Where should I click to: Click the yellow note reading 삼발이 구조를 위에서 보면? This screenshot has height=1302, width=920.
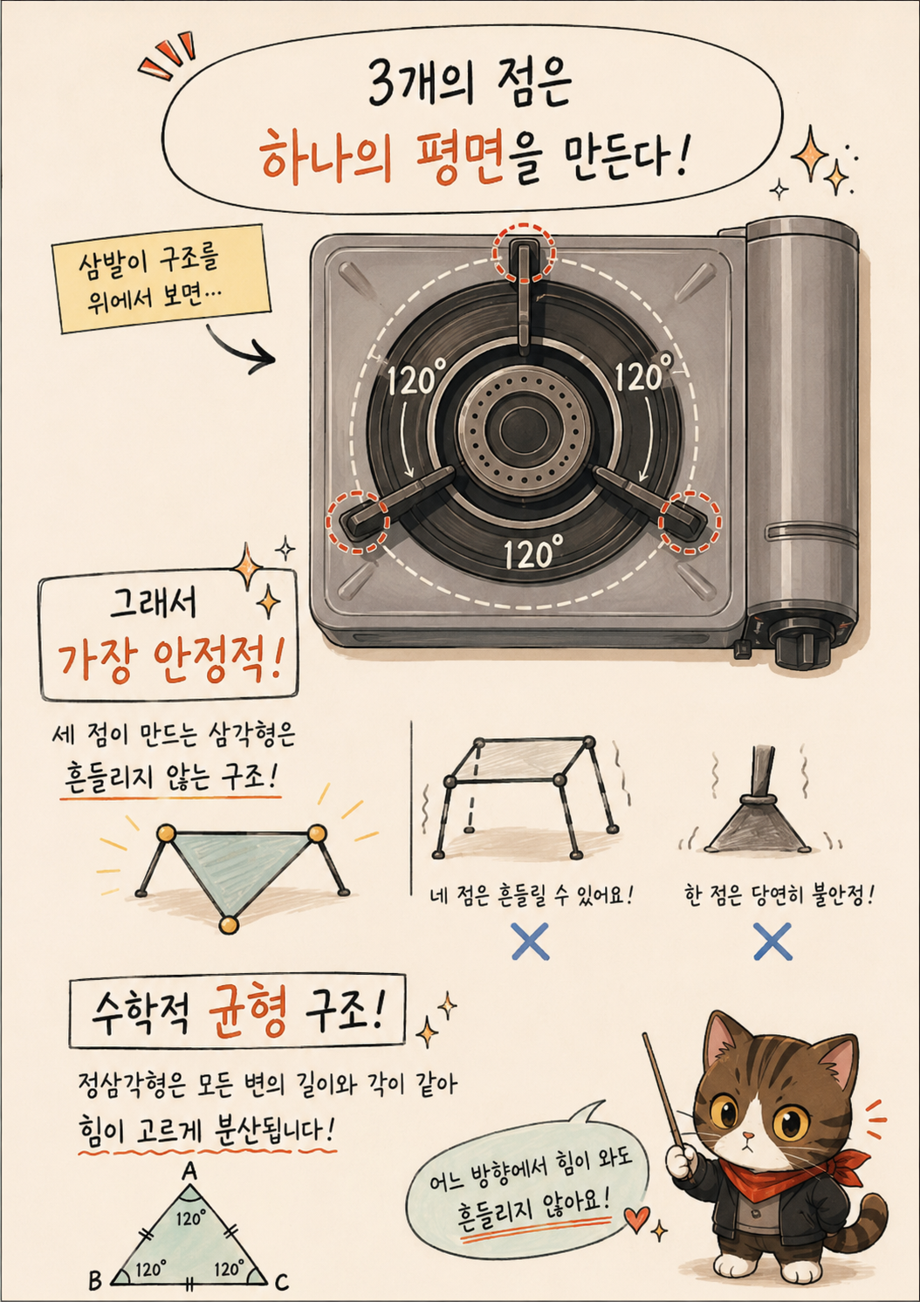pyautogui.click(x=161, y=279)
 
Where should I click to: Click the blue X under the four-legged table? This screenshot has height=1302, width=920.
pyautogui.click(x=531, y=941)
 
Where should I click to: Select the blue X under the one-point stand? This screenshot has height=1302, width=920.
pyautogui.click(x=772, y=941)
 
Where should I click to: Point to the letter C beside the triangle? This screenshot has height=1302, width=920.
pyautogui.click(x=281, y=1281)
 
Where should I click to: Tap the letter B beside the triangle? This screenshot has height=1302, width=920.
pyautogui.click(x=95, y=1279)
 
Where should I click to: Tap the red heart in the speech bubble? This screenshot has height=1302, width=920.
pyautogui.click(x=637, y=1217)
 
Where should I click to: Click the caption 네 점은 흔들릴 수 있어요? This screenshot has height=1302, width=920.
pyautogui.click(x=531, y=895)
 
